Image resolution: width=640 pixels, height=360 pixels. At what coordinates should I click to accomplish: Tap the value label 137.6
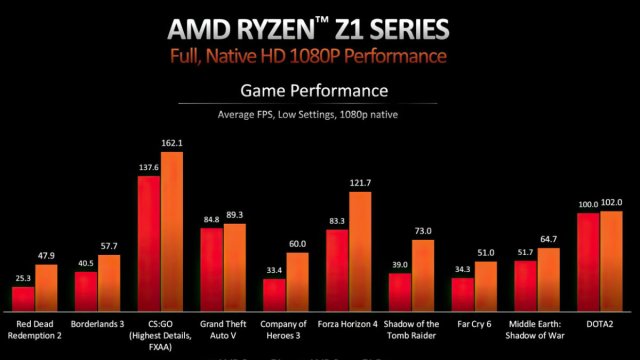click(x=148, y=168)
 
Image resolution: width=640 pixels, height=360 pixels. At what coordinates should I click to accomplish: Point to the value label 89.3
click(x=235, y=216)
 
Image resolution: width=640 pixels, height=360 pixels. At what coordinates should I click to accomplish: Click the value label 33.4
click(x=274, y=270)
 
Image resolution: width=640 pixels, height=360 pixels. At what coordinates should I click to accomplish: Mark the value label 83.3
click(x=337, y=221)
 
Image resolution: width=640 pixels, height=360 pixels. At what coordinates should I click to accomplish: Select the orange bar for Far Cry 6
click(x=486, y=286)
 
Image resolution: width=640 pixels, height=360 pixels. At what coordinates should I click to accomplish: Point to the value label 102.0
click(x=612, y=204)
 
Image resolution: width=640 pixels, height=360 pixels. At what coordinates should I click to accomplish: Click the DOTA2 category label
click(x=600, y=324)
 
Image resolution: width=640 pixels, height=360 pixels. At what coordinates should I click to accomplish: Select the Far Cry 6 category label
click(x=474, y=324)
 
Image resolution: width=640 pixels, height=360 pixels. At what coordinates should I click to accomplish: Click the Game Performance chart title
click(x=314, y=92)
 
